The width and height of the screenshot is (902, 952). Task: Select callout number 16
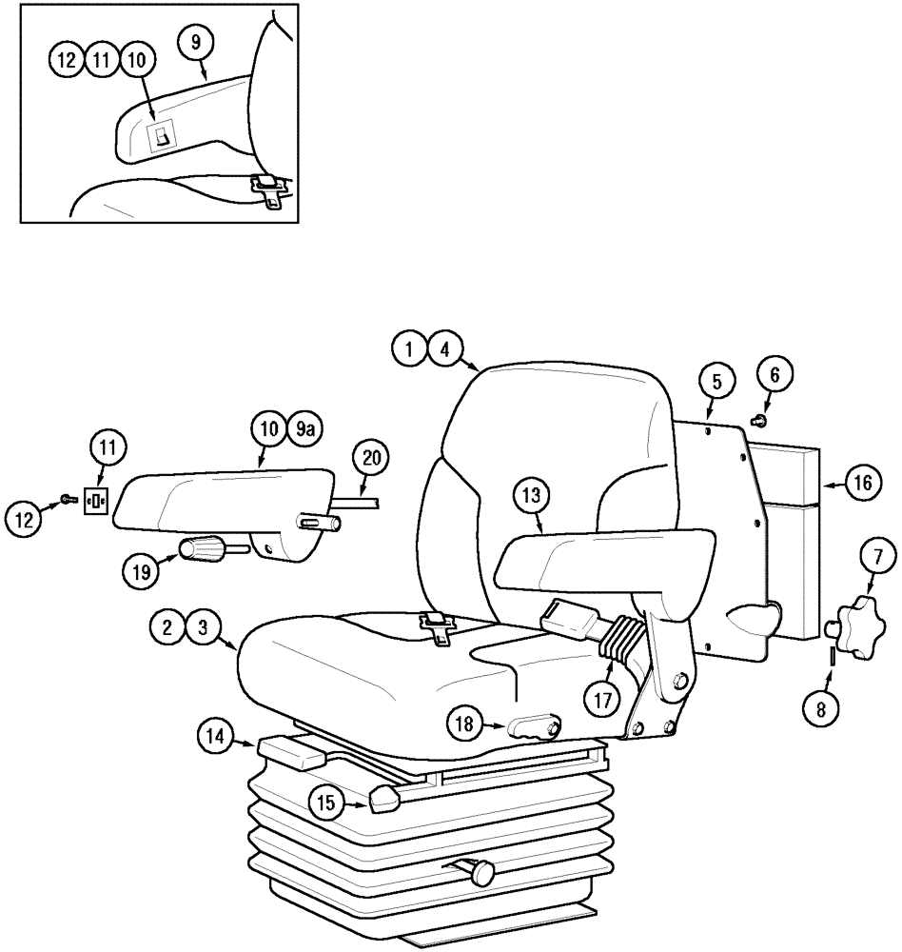[x=860, y=484]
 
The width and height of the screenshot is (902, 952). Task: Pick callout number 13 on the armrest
[x=531, y=495]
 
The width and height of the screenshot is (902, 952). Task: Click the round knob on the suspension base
[x=484, y=870]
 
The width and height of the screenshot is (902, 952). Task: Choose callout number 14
[x=214, y=735]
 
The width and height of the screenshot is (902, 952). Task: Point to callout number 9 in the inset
[x=196, y=41]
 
